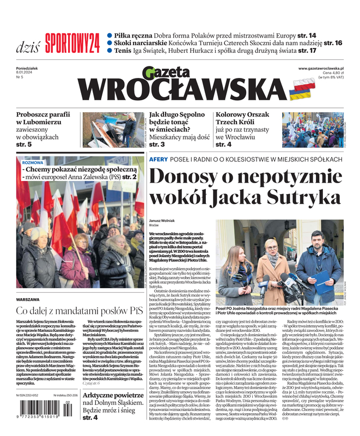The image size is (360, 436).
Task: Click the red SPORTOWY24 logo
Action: point(72,41)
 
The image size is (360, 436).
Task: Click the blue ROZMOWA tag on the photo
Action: point(33,162)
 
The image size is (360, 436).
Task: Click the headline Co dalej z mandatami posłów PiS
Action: point(79,312)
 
